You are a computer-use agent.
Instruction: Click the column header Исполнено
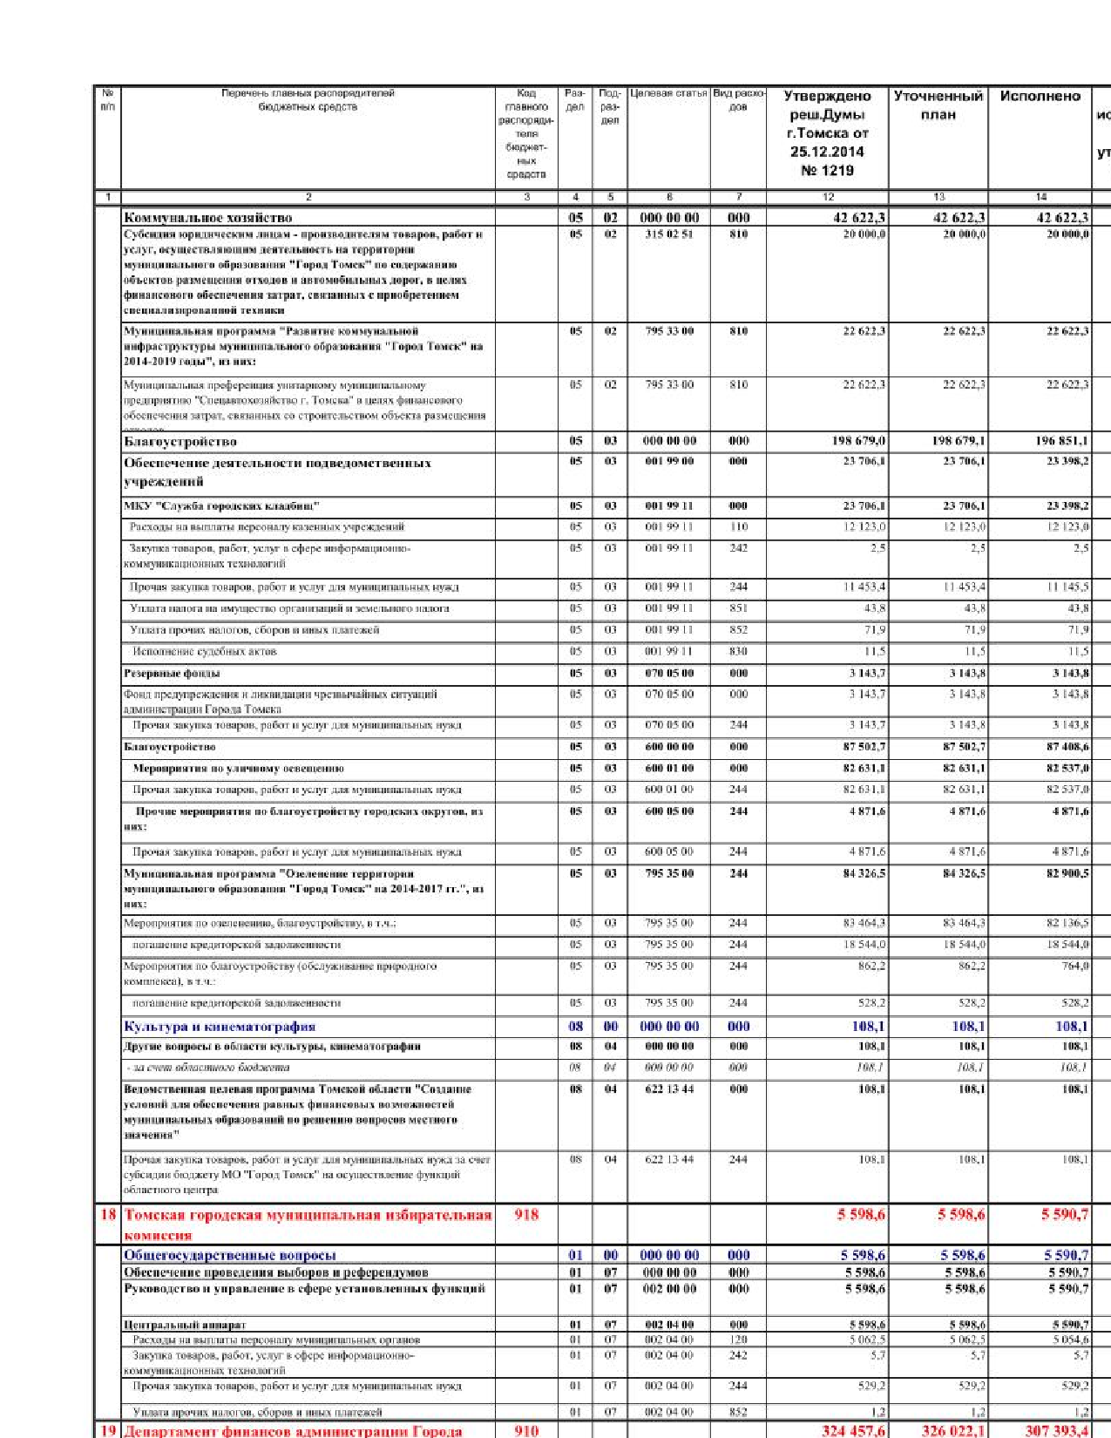[1040, 97]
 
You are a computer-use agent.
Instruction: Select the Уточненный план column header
[938, 105]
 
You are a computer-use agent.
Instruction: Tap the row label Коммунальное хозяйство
[207, 218]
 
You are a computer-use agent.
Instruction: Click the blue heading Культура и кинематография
[220, 1027]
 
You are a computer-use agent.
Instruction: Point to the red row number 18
[107, 1214]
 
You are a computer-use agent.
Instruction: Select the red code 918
[526, 1214]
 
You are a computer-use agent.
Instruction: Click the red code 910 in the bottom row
[526, 1430]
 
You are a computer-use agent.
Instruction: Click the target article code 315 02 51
[668, 234]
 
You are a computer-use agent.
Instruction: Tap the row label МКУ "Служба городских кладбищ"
[221, 505]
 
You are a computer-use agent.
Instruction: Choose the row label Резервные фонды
[172, 673]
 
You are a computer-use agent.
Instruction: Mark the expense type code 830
[738, 651]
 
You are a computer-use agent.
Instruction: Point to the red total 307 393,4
[1056, 1430]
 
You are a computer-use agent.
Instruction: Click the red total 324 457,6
[853, 1430]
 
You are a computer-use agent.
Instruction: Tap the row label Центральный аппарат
[172, 1325]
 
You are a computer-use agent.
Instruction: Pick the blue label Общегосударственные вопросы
[229, 1255]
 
